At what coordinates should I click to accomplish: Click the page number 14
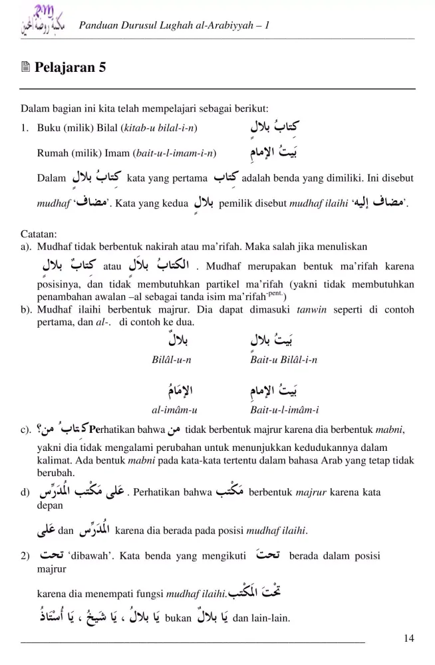[409, 638]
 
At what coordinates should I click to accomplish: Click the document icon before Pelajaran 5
[26, 68]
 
